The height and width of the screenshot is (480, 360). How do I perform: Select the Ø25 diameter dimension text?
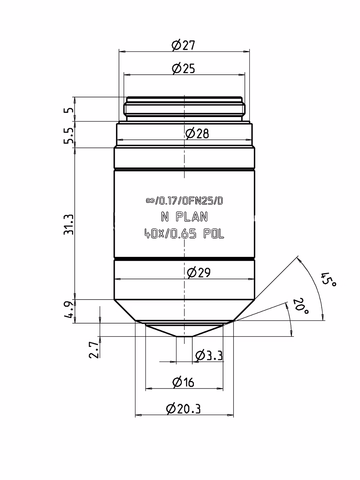point(183,69)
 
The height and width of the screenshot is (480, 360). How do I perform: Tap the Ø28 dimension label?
point(197,133)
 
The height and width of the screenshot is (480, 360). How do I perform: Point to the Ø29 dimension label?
point(199,273)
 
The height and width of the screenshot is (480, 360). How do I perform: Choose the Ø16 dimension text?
point(183,382)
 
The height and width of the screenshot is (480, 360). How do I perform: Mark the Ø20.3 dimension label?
point(183,409)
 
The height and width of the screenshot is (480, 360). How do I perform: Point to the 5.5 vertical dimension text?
point(69,136)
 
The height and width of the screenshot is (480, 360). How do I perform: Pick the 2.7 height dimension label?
point(94,350)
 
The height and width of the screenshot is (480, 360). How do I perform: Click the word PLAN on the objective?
point(192,217)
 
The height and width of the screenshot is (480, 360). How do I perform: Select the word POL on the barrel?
point(214,234)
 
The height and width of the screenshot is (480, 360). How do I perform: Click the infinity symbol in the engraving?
point(150,201)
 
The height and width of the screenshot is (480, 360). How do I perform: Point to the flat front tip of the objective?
point(184,336)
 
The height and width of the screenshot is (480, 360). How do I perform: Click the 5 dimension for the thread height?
point(69,109)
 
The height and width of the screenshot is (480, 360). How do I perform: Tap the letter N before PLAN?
point(165,217)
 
